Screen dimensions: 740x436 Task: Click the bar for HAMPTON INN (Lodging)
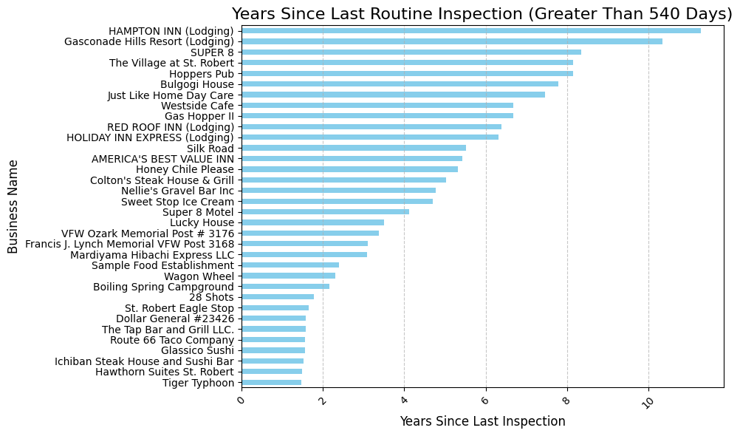[471, 31]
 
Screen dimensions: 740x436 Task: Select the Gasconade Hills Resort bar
[452, 41]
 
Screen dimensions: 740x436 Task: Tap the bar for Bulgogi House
[400, 84]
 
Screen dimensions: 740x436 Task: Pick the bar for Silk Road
[354, 149]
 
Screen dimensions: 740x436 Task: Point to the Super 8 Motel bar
[325, 212]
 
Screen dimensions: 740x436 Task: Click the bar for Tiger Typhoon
[271, 383]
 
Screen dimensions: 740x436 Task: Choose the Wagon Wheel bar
[288, 276]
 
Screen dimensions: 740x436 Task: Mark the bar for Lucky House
[312, 222]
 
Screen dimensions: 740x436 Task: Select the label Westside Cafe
[197, 106]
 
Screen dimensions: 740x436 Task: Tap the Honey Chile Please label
[185, 169]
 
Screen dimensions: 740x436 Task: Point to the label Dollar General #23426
[175, 319]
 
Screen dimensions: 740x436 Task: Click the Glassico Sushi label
[197, 350]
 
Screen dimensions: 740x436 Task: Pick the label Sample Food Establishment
[162, 265]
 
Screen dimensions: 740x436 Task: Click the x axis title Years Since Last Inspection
[482, 421]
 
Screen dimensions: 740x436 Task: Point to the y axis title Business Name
[13, 207]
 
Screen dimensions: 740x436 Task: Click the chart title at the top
[482, 14]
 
